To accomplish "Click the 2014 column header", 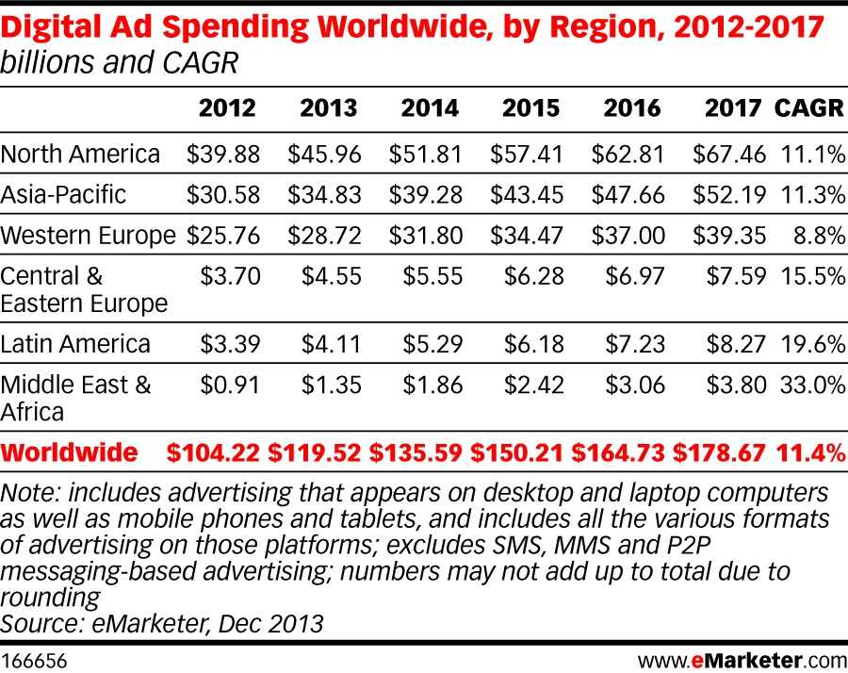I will point(430,108).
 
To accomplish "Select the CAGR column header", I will point(808,108).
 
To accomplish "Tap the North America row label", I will point(81,154).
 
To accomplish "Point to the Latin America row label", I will point(75,344).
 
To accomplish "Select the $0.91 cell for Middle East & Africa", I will point(227,386).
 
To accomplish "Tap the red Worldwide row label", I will point(69,453).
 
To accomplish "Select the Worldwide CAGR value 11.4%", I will point(808,453).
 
